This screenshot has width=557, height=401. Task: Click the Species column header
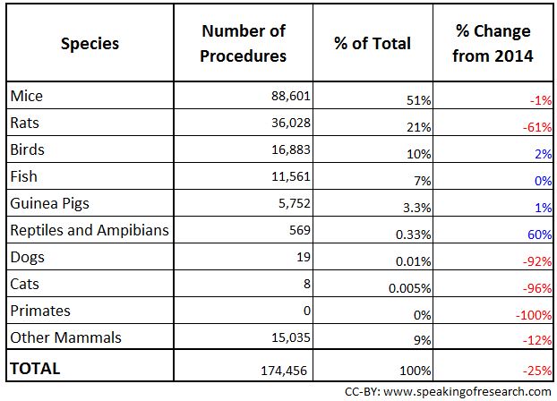point(89,43)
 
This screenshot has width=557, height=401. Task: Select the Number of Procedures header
point(244,43)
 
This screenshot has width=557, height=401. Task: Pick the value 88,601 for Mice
point(287,96)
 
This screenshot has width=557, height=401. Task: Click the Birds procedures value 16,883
point(287,149)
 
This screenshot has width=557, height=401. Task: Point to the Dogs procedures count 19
point(303,257)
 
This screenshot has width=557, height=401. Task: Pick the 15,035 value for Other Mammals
point(287,338)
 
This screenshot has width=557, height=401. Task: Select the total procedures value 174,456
point(284,368)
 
